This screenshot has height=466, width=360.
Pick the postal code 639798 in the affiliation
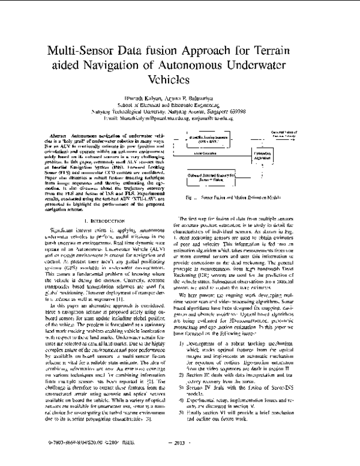click(258, 111)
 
